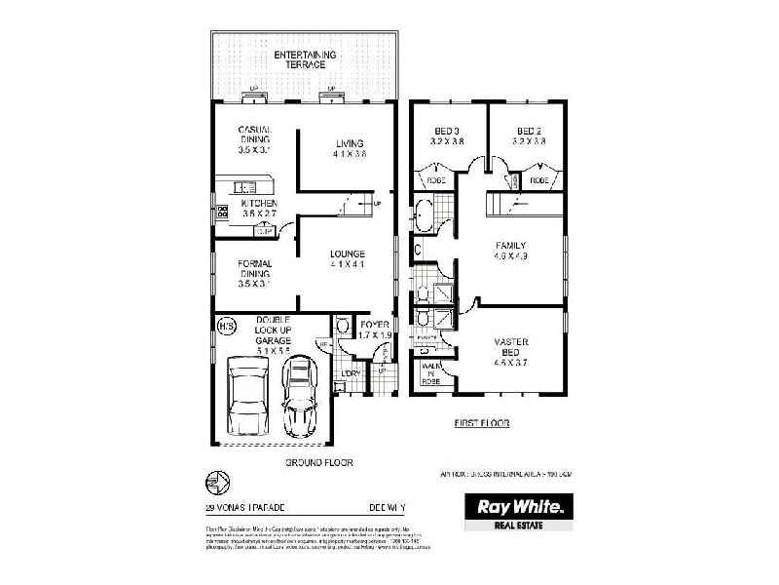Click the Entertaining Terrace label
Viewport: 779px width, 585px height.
(305, 59)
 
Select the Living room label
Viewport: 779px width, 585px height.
(349, 147)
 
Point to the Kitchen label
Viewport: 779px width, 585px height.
(259, 208)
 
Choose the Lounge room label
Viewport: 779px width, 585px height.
(348, 258)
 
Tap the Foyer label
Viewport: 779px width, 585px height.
(375, 329)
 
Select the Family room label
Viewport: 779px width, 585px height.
(511, 252)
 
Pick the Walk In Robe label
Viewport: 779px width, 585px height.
(430, 374)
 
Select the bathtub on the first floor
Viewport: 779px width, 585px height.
(426, 215)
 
